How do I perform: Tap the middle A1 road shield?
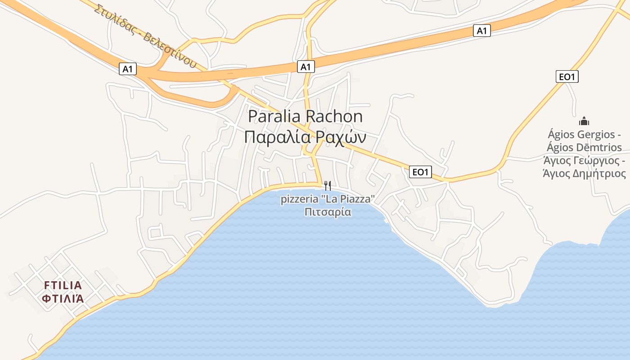[x=306, y=67]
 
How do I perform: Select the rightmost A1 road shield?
[x=482, y=31]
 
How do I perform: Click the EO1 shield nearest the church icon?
[x=567, y=77]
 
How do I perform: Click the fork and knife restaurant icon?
[x=328, y=185]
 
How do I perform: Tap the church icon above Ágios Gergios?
[x=584, y=121]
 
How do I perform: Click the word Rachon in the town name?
[x=334, y=117]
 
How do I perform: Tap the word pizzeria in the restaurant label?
[x=298, y=199]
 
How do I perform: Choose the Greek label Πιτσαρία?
[x=328, y=211]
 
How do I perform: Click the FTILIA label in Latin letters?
[x=63, y=285]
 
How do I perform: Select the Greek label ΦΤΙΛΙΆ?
[x=63, y=298]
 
